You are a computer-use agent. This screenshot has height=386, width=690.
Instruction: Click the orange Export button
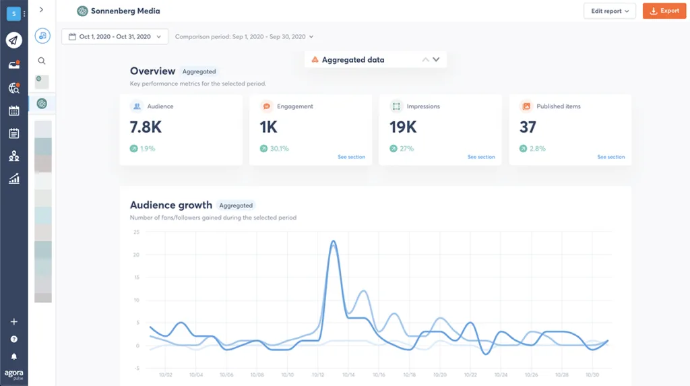tap(664, 11)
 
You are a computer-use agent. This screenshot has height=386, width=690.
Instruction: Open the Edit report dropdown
tap(609, 11)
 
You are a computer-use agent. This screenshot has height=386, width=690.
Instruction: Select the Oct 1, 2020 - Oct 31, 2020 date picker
tap(115, 36)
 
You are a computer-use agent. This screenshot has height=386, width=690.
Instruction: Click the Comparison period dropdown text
tap(243, 36)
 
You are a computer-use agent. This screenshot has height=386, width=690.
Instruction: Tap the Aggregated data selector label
tap(352, 60)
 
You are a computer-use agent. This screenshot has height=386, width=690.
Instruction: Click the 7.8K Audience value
tap(146, 127)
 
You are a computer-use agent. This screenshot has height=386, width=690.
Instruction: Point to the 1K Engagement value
tap(268, 127)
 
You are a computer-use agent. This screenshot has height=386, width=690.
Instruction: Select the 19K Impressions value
tap(403, 127)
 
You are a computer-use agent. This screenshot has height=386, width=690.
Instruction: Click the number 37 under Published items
tap(528, 127)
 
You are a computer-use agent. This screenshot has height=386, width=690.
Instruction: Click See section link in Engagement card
tap(351, 157)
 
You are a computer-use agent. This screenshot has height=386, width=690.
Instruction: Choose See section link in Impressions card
tap(481, 157)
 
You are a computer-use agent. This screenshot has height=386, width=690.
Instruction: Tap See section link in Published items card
tap(610, 157)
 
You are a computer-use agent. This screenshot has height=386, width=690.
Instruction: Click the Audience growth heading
tap(170, 205)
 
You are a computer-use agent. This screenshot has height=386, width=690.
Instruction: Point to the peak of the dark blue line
tap(333, 241)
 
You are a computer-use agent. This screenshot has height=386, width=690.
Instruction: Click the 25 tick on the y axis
tap(136, 232)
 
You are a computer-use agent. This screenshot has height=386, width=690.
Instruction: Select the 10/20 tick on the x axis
tap(440, 375)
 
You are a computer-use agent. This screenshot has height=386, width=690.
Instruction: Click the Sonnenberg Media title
tap(125, 11)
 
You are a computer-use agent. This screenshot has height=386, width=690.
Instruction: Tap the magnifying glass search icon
tap(42, 61)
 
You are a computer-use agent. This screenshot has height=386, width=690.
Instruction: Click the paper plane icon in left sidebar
tap(13, 40)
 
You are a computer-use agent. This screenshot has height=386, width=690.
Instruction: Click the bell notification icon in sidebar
tap(13, 356)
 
